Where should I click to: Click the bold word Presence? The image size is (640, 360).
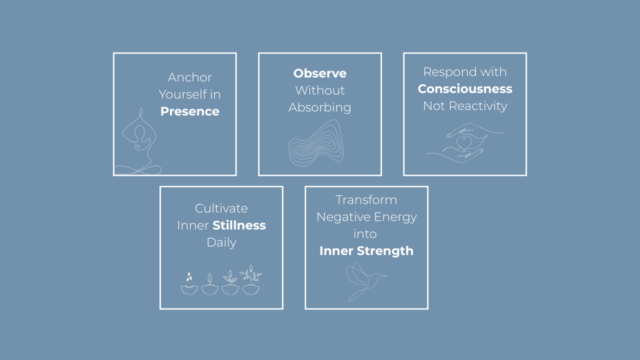coord(189,111)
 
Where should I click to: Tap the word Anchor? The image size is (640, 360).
coord(189,77)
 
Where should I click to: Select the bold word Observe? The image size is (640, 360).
coord(320,73)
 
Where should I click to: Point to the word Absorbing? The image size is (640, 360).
coord(320,107)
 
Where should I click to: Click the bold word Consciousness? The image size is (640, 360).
coord(465,89)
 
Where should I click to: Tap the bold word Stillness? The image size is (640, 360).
coord(239,225)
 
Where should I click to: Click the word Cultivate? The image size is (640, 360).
coord(221,208)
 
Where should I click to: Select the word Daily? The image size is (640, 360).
coord(221,242)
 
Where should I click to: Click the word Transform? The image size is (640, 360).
coord(366,200)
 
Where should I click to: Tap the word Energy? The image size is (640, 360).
coord(398,217)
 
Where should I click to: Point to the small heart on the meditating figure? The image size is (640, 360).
coord(137,147)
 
